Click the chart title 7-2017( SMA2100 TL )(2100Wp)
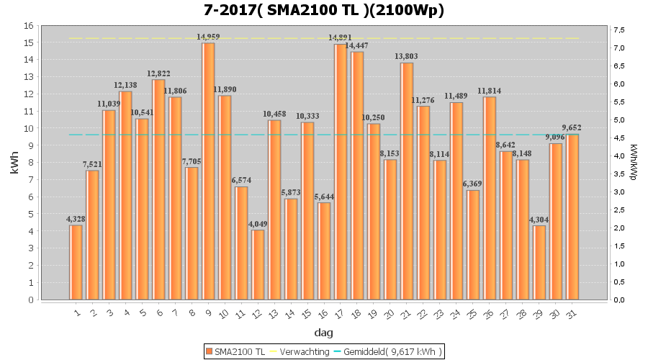coord(324,10)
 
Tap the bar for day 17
coord(341,172)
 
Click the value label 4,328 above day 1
coord(76,219)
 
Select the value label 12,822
coord(158,73)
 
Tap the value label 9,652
coord(572,128)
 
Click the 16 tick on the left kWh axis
coord(30,26)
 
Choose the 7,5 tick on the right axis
coord(618,30)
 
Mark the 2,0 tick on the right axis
coord(618,228)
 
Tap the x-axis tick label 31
coord(571,312)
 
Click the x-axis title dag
coord(323,333)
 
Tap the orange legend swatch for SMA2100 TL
coord(210,351)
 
